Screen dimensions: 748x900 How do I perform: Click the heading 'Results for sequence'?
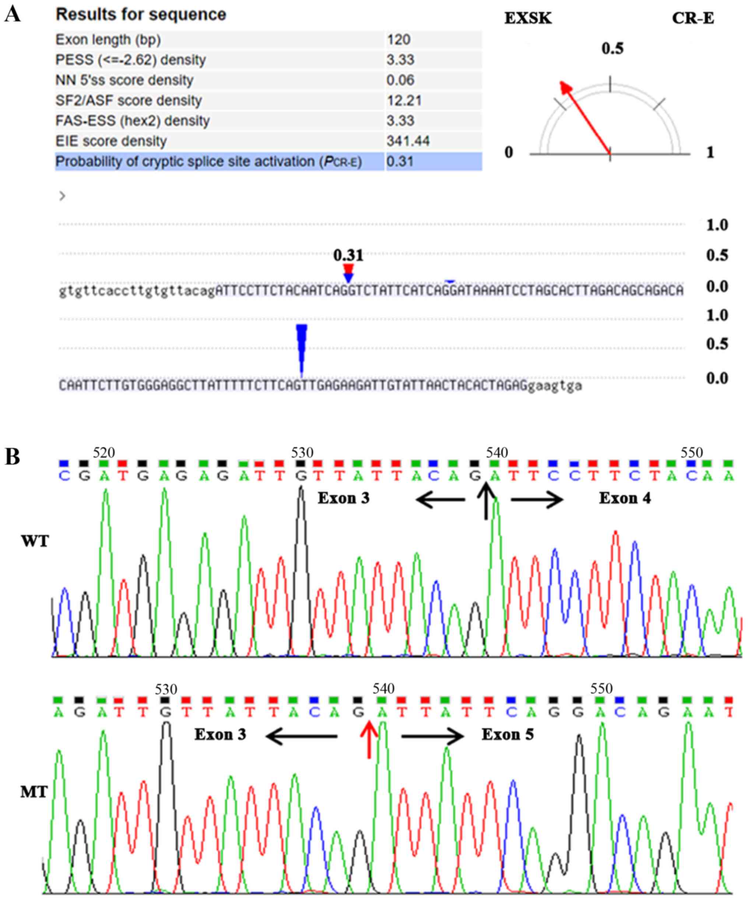(x=141, y=15)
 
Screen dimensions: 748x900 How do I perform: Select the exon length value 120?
(x=399, y=40)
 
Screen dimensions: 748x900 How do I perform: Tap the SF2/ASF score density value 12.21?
(x=404, y=101)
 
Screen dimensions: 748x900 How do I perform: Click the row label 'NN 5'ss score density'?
(x=124, y=80)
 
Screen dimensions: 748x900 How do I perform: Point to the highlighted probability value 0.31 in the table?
(x=400, y=162)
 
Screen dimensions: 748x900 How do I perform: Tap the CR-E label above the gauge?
(x=693, y=18)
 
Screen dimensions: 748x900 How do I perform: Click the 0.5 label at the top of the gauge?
(x=612, y=49)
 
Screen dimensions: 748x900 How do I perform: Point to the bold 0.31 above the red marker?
(x=348, y=255)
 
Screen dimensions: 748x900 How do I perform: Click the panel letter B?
(x=13, y=457)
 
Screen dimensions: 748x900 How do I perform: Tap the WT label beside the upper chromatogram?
(x=35, y=541)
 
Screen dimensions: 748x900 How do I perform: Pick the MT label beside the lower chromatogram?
(x=34, y=792)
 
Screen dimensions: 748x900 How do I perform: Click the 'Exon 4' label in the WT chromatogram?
(x=625, y=498)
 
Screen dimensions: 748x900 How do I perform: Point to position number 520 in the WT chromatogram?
(x=104, y=452)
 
